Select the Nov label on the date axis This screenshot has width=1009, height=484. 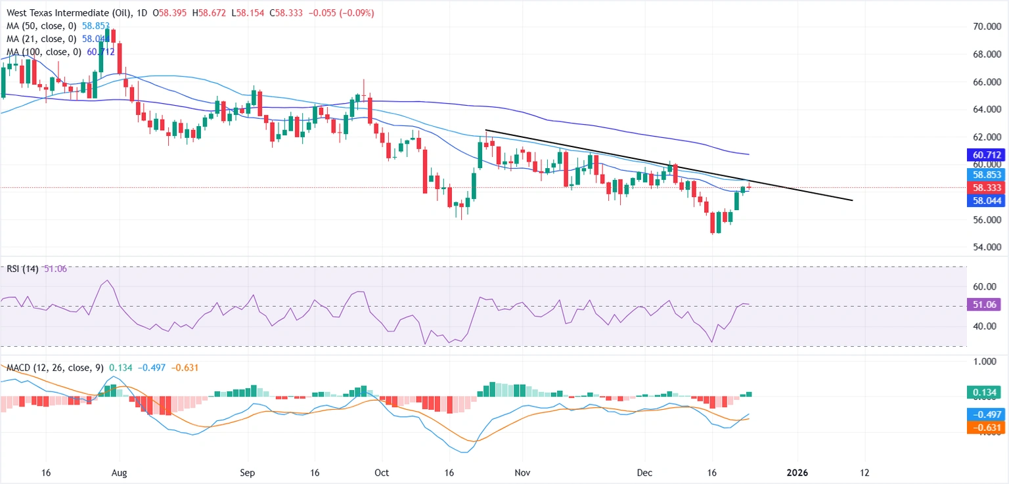[x=522, y=472]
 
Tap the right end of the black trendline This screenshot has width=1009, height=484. [x=852, y=200]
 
